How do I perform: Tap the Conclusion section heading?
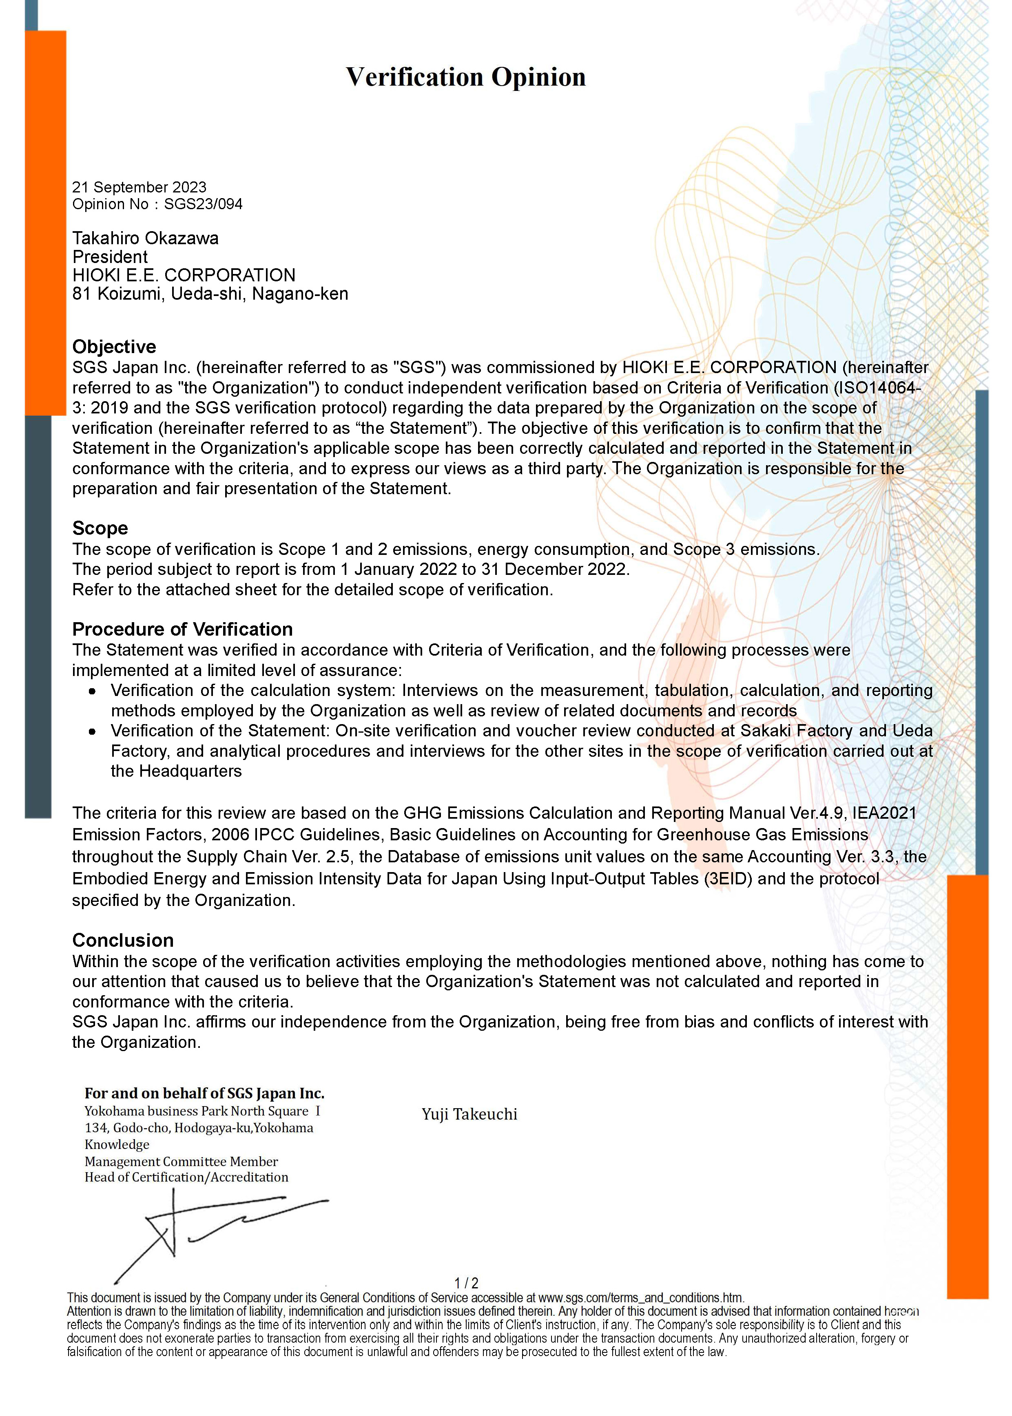[123, 940]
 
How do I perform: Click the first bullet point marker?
[92, 691]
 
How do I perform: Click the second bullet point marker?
[92, 732]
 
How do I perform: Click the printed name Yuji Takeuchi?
[469, 1114]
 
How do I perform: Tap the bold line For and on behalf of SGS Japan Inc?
[204, 1093]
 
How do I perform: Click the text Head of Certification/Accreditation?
[186, 1177]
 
